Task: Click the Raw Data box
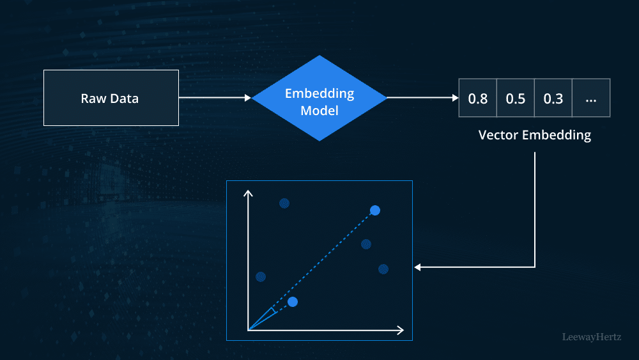tap(111, 98)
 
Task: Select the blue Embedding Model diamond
tap(319, 98)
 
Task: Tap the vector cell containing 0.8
tap(478, 98)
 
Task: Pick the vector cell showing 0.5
tap(516, 98)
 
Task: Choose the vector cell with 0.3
tap(553, 98)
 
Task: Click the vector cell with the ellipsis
tap(591, 98)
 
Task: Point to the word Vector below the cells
tap(499, 136)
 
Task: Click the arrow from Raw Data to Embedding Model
tap(215, 98)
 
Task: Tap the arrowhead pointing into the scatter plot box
tap(418, 267)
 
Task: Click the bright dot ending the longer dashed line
tap(375, 210)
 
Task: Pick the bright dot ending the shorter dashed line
tap(293, 301)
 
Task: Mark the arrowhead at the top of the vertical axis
tap(249, 193)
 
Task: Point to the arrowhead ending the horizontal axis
tap(400, 330)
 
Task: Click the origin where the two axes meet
tap(249, 330)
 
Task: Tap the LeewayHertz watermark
tap(591, 336)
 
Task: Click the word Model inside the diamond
tap(319, 111)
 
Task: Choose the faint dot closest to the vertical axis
tap(261, 277)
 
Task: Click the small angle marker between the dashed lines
tap(273, 311)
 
